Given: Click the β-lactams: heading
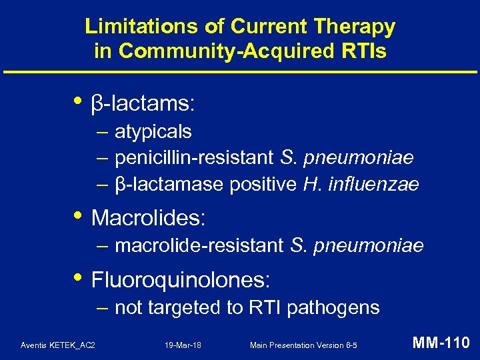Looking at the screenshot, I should click(x=143, y=103).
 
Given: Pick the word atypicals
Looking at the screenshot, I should click(x=153, y=132).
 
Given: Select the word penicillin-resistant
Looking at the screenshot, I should click(x=194, y=158).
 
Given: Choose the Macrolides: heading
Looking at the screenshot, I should click(x=148, y=217).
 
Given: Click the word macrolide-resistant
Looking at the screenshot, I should click(x=199, y=246).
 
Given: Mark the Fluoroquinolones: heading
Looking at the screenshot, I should click(x=180, y=279).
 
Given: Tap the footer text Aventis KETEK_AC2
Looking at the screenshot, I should click(x=58, y=345).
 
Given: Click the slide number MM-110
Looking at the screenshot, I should click(x=441, y=343).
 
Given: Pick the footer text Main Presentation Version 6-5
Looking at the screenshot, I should click(x=303, y=345).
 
